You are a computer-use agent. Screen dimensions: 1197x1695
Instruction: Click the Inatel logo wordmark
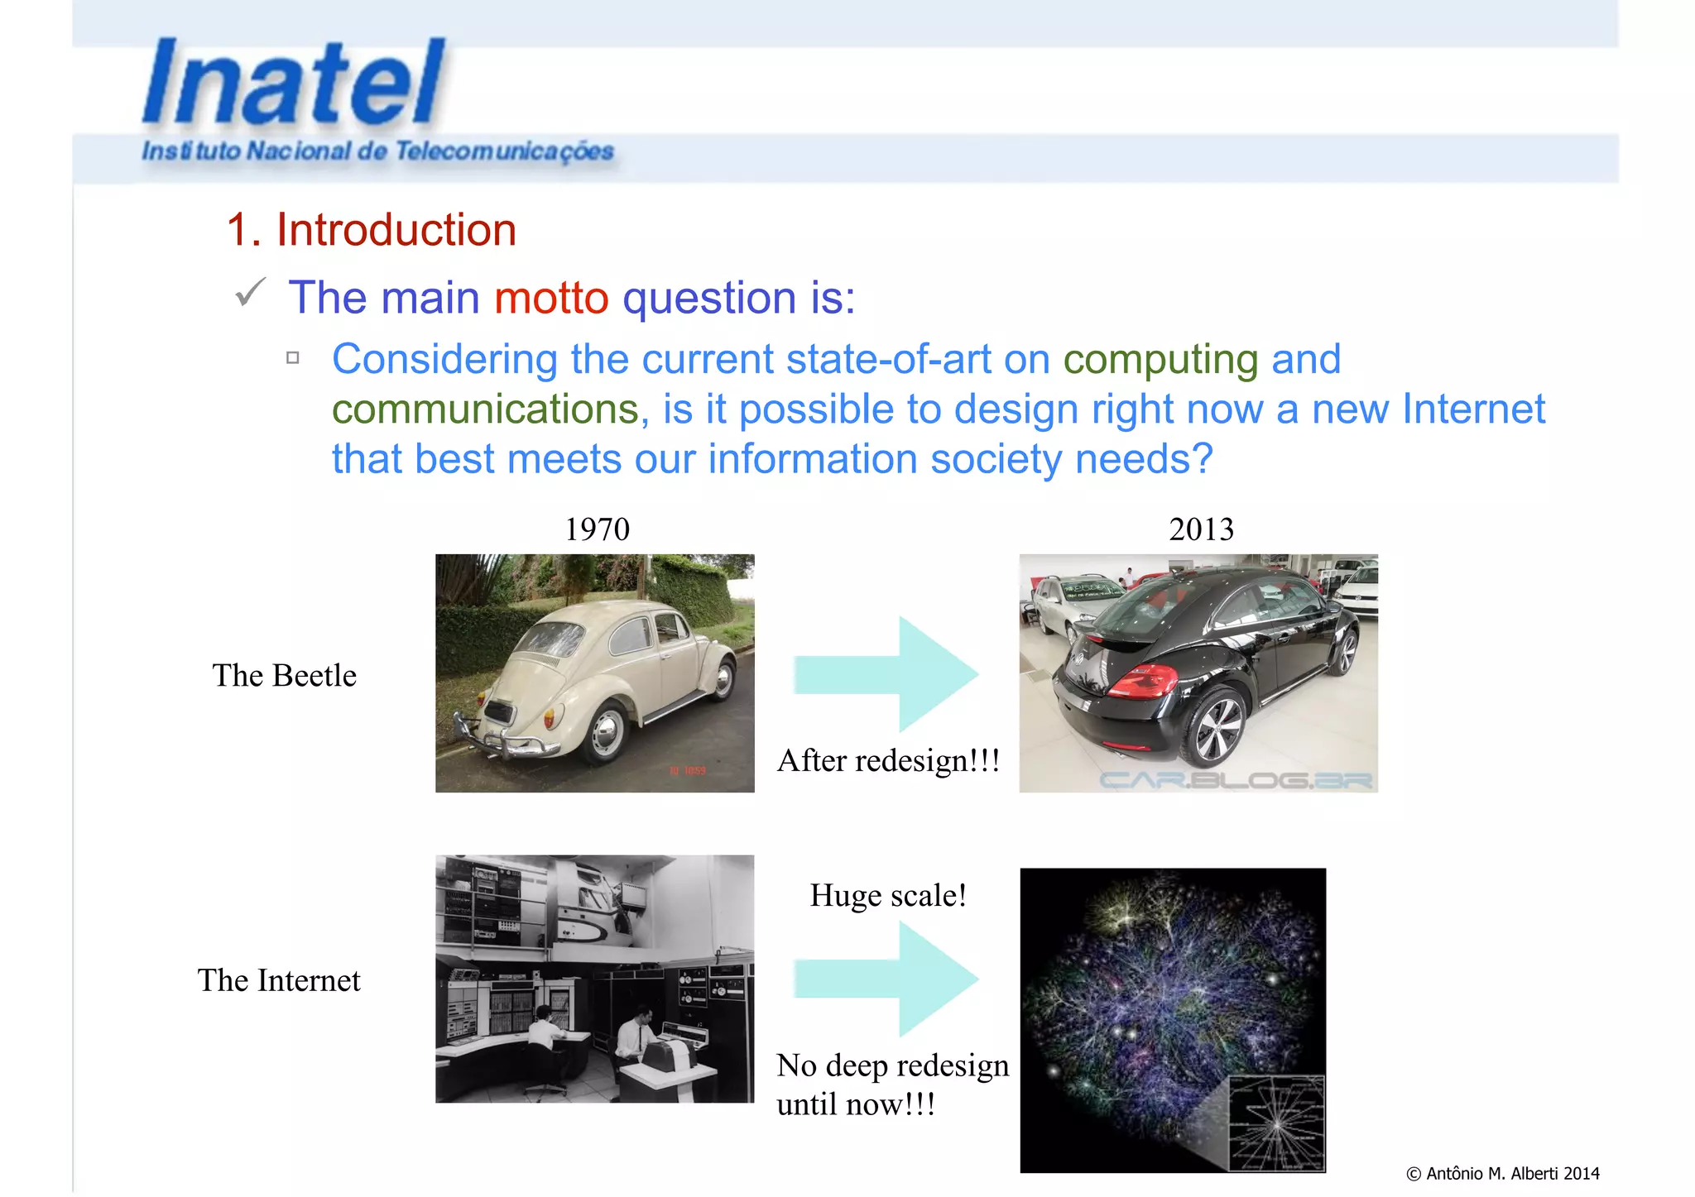[x=294, y=83]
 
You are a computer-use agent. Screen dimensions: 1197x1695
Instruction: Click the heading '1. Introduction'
[x=372, y=229]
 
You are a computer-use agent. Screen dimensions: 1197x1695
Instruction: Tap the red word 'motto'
[x=551, y=298]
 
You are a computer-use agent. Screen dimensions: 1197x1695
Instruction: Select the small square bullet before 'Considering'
[x=292, y=357]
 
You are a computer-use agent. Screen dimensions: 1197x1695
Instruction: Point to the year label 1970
[x=597, y=529]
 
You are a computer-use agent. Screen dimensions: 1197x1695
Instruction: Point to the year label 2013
[x=1201, y=529]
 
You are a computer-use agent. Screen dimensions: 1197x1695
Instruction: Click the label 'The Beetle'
[x=284, y=675]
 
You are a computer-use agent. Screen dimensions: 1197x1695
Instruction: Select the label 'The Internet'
[x=279, y=980]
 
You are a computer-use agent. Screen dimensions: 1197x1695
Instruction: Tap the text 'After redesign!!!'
[x=888, y=760]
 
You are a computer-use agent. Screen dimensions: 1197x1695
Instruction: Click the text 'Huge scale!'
[x=888, y=895]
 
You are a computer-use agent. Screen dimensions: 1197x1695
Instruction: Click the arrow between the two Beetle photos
[x=886, y=674]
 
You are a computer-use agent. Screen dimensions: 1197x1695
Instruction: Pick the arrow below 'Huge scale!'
[x=886, y=979]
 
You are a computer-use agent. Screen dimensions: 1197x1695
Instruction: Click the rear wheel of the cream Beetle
[x=605, y=732]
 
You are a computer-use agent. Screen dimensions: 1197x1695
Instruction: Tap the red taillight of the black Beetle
[x=1142, y=682]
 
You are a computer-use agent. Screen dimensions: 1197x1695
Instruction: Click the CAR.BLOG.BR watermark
[x=1235, y=779]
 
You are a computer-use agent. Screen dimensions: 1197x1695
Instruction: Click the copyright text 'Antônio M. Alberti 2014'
[x=1503, y=1173]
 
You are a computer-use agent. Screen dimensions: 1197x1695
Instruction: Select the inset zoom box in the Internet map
[x=1276, y=1123]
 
